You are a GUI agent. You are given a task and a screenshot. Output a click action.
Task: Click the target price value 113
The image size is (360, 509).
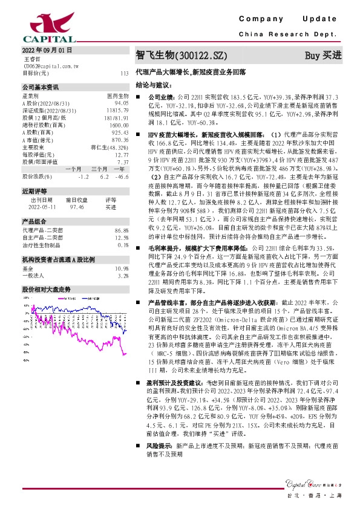click(125, 73)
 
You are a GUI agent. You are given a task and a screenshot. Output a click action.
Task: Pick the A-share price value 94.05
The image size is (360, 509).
click(121, 103)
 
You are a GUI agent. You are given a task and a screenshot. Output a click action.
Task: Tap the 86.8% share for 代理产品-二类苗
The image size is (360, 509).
click(122, 230)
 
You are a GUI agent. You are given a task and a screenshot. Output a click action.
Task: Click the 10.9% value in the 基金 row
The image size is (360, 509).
click(122, 268)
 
